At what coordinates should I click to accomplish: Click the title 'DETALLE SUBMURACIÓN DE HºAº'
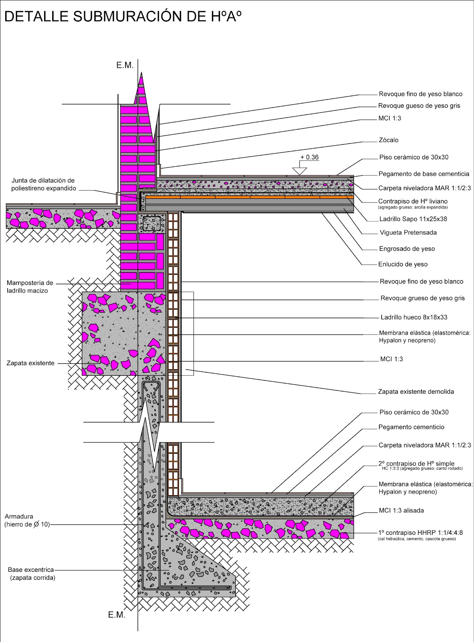[123, 16]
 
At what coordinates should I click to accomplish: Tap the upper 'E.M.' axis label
[125, 65]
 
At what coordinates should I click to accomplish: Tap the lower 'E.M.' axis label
[117, 615]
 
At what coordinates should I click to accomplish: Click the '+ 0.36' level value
[309, 157]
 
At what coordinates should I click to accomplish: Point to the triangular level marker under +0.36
[299, 171]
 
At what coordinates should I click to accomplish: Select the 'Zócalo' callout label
[389, 140]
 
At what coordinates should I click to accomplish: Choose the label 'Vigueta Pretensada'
[408, 232]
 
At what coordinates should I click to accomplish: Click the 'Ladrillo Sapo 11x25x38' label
[413, 219]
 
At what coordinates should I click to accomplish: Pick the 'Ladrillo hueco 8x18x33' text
[414, 317]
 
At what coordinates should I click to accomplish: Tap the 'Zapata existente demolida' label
[416, 392]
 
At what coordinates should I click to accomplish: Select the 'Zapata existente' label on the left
[31, 363]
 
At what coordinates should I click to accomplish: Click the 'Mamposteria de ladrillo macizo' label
[30, 286]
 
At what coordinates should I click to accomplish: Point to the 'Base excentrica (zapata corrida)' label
[31, 574]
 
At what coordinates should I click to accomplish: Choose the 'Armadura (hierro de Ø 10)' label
[27, 520]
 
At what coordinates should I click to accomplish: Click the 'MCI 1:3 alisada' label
[401, 510]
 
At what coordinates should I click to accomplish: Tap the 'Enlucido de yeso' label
[403, 264]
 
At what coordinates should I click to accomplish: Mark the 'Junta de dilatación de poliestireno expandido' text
[43, 185]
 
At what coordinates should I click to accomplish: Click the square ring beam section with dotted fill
[152, 223]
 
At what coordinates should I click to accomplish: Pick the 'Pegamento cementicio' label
[411, 427]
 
